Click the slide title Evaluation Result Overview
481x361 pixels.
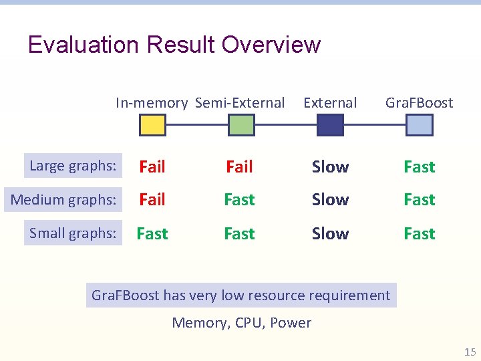click(174, 45)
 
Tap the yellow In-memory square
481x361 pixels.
click(152, 125)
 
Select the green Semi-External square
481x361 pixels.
click(241, 125)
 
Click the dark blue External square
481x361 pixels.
click(330, 125)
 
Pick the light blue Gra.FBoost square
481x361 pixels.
click(419, 125)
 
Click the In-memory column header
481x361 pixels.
click(152, 103)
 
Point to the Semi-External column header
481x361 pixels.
click(240, 103)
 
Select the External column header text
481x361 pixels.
click(330, 103)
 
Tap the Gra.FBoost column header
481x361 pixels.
click(419, 103)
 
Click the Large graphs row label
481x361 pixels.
click(73, 166)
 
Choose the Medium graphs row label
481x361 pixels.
click(63, 199)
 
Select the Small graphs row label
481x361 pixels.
click(73, 233)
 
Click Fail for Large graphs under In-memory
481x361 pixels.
click(152, 166)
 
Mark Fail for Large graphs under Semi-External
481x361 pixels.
click(239, 166)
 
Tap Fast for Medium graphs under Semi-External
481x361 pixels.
click(239, 200)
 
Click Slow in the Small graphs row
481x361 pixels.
click(330, 234)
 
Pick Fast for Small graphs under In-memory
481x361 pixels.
click(152, 234)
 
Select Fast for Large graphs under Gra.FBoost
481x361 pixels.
click(419, 166)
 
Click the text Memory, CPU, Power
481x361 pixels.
click(241, 323)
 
